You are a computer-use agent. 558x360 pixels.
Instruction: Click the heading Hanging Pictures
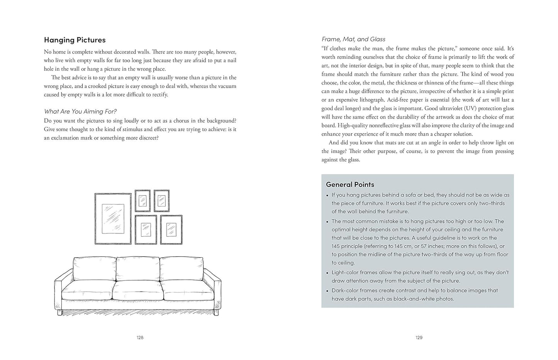click(x=75, y=40)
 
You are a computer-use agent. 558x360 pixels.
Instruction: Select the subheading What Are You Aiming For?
click(x=80, y=112)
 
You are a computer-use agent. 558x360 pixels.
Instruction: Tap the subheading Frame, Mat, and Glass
click(x=353, y=39)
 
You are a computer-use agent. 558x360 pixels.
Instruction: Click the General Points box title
click(x=350, y=185)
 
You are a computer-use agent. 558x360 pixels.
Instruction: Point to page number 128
click(x=140, y=338)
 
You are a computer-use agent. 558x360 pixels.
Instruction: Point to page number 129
click(x=419, y=338)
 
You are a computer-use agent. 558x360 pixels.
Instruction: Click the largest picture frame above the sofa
click(x=113, y=219)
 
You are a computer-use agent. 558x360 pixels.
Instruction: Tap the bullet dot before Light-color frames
click(x=327, y=273)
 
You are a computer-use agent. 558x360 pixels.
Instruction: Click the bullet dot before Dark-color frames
click(x=327, y=291)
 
